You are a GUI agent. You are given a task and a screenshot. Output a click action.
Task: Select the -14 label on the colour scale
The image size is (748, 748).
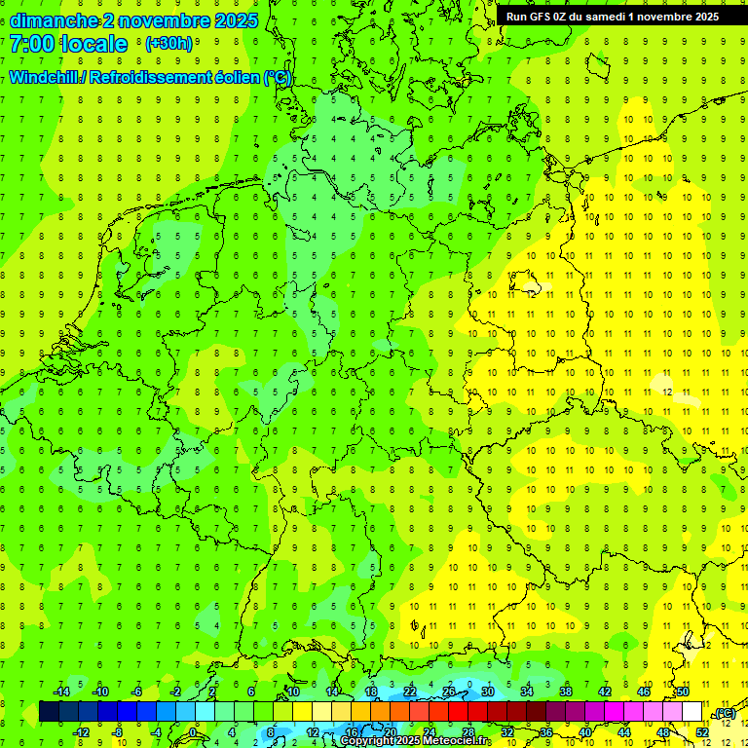click(60, 692)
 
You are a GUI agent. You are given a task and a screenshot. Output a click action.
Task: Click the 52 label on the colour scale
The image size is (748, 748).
click(702, 732)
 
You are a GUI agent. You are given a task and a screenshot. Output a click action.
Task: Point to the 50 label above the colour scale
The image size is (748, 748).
click(683, 692)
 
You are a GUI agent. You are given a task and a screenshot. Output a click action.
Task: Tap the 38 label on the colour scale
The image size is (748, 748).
click(566, 692)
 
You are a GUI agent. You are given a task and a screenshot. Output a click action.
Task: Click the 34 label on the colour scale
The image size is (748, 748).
click(527, 692)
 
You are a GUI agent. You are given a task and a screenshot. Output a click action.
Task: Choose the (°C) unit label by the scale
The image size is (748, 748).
click(725, 714)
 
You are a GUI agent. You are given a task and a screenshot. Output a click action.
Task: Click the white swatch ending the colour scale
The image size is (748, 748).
click(692, 712)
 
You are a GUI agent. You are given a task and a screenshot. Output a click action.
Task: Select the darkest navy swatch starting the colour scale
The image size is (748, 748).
click(49, 712)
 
